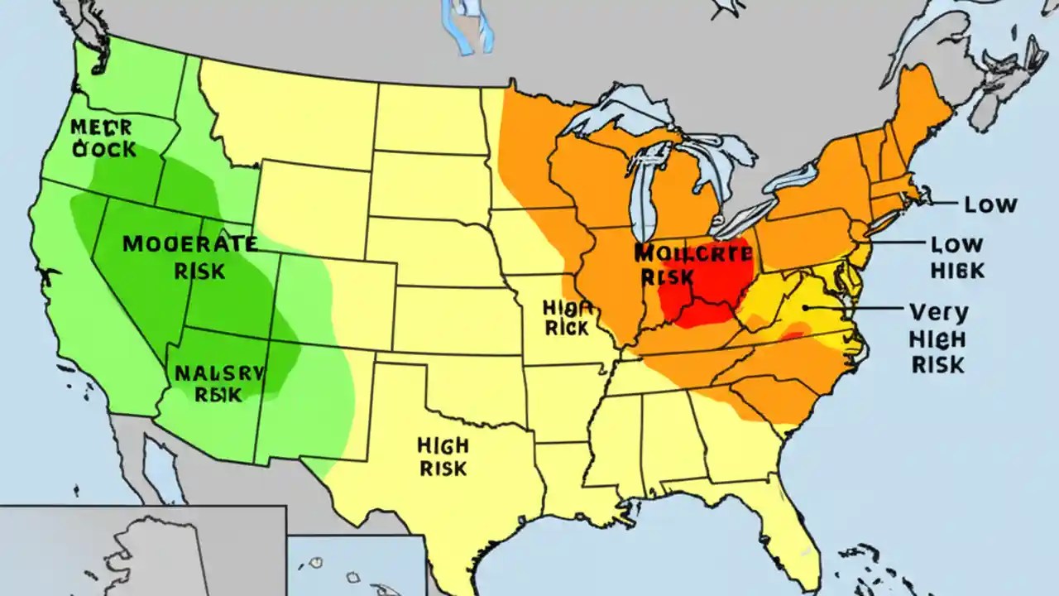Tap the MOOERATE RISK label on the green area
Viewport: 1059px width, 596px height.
point(189,257)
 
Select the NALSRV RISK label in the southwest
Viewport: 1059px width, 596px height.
point(218,383)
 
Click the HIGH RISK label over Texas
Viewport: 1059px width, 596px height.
point(443,456)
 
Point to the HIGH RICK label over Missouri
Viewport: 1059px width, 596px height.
point(567,318)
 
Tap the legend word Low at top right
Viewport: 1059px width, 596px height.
point(991,204)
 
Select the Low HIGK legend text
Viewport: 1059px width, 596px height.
point(956,257)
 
